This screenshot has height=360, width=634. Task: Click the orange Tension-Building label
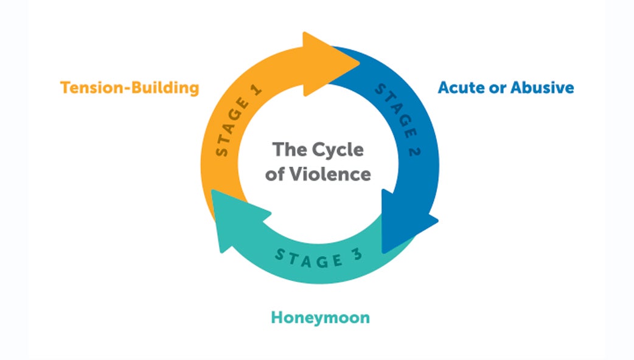click(130, 88)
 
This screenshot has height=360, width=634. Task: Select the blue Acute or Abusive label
click(506, 88)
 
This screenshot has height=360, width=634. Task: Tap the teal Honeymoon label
click(320, 317)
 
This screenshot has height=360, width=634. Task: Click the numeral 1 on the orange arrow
click(256, 90)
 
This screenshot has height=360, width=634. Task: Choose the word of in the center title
click(280, 174)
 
